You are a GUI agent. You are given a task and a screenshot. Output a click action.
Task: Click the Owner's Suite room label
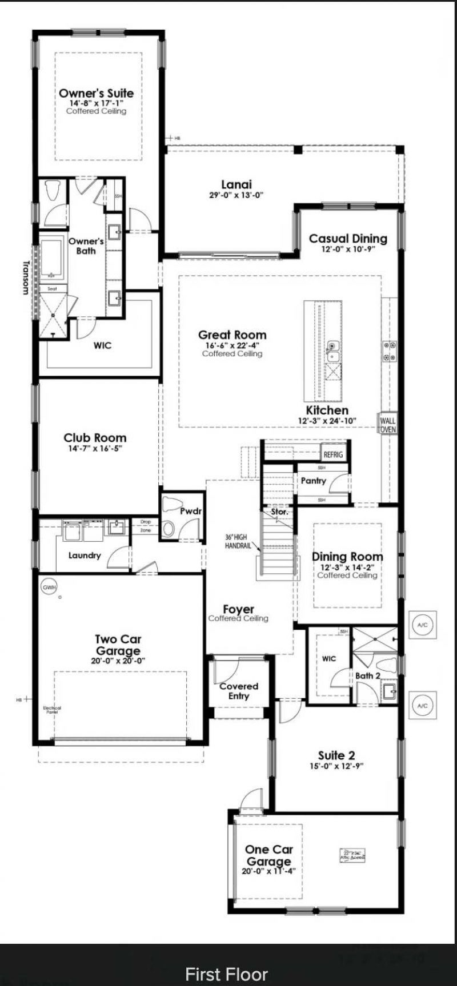[96, 93]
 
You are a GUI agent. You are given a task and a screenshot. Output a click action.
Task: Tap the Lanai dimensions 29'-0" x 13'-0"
[236, 195]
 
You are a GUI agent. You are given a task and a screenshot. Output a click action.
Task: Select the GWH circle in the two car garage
[49, 586]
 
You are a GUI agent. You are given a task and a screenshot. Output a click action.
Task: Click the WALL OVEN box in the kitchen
[387, 425]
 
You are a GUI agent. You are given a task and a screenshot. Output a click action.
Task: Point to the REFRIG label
[333, 454]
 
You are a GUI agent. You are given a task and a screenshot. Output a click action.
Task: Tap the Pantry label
[313, 481]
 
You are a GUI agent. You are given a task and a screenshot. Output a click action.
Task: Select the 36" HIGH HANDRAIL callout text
[236, 541]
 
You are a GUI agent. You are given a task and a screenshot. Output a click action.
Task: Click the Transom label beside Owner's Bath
[25, 277]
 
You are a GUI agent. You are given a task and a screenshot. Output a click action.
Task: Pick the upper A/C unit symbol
[422, 625]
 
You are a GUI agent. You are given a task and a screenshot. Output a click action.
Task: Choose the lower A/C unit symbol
[422, 706]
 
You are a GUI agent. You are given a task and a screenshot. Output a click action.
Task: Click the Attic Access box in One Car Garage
[352, 855]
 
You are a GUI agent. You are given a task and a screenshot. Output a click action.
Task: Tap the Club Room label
[95, 438]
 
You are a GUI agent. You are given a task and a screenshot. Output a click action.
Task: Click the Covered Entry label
[239, 691]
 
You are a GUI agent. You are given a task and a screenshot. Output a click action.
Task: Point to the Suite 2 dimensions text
[336, 766]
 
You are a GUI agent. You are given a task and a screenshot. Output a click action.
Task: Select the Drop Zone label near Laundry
[145, 526]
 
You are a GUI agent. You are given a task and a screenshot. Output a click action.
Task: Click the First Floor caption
[227, 973]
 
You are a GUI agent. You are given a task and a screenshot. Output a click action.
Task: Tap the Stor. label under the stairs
[279, 512]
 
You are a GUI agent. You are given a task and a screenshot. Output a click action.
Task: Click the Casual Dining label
[348, 239]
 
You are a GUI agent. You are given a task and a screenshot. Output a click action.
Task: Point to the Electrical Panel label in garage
[52, 710]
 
